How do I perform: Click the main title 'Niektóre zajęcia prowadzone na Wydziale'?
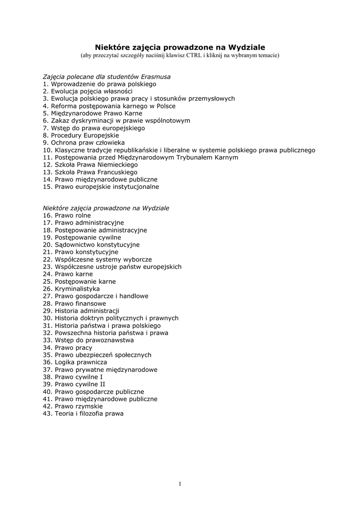click(180, 46)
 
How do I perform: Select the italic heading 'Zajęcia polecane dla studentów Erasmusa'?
click(106, 77)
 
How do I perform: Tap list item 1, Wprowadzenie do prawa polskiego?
click(92, 84)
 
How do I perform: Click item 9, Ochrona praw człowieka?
click(84, 143)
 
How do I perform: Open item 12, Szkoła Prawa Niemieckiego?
click(90, 165)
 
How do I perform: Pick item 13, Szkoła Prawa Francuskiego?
click(90, 172)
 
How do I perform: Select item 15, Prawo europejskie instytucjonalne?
click(101, 186)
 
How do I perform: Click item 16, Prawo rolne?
click(67, 216)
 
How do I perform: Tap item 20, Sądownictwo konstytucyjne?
click(91, 245)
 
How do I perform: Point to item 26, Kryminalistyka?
click(71, 289)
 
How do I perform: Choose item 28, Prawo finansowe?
click(75, 303)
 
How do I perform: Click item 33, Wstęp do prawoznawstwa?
click(88, 340)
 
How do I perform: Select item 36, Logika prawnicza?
click(75, 362)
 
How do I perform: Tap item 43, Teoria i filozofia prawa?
click(83, 414)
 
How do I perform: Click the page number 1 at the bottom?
click(180, 485)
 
